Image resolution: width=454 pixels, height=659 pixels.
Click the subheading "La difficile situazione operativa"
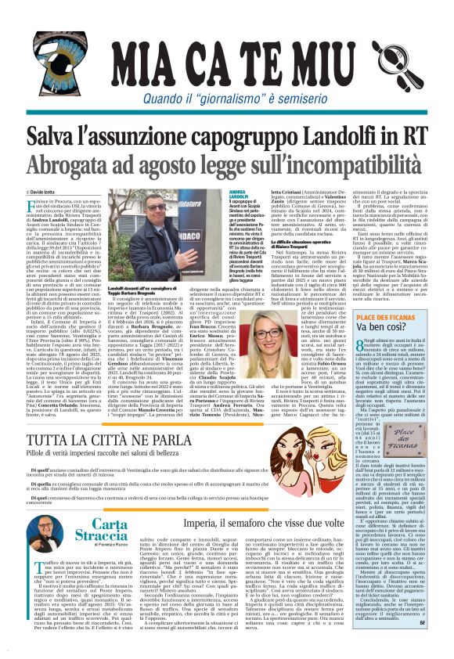coord(322,244)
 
